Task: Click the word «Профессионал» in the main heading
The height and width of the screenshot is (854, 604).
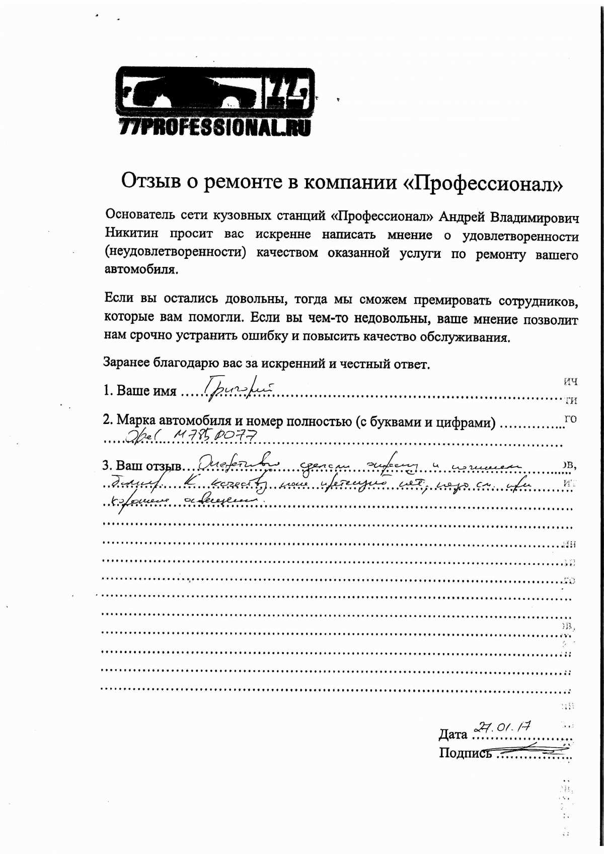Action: pyautogui.click(x=483, y=183)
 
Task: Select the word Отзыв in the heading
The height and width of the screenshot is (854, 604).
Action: pyautogui.click(x=151, y=180)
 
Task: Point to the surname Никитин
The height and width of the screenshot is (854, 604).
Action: pyautogui.click(x=131, y=233)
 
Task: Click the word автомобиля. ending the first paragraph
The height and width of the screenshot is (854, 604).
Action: pyautogui.click(x=141, y=269)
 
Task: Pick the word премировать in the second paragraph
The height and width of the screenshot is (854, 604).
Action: pyautogui.click(x=452, y=301)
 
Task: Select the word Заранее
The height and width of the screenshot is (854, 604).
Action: pyautogui.click(x=126, y=362)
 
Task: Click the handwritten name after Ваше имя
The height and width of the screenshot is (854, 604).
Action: pyautogui.click(x=238, y=389)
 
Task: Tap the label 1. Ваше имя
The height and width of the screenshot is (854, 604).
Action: pyautogui.click(x=140, y=391)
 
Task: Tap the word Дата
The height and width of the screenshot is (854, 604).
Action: pyautogui.click(x=453, y=735)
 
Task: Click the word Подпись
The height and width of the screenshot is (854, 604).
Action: pyautogui.click(x=465, y=753)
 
